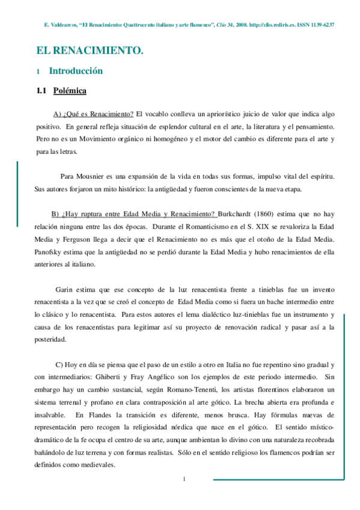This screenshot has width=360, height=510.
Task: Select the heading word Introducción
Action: [x=76, y=71]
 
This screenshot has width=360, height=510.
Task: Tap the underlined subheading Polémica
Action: [x=70, y=91]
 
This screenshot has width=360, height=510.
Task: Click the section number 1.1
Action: [x=42, y=91]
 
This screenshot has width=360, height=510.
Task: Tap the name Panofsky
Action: [x=53, y=252]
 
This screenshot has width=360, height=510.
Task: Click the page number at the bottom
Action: [x=185, y=478]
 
